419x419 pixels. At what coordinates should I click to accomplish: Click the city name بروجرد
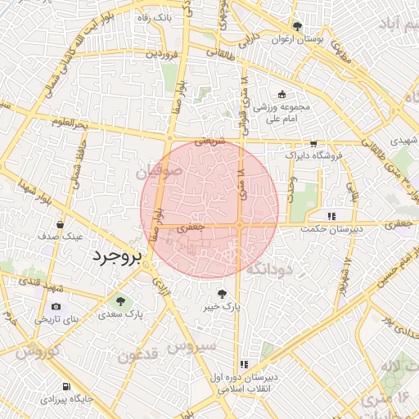[115, 258]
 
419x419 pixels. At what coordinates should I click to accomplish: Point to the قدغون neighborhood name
[137, 354]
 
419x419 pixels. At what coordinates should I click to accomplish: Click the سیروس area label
[191, 346]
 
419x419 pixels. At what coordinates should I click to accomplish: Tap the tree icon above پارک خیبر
[221, 294]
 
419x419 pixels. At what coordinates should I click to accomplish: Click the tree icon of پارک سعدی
[121, 300]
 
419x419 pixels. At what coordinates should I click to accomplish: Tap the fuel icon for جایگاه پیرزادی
[66, 386]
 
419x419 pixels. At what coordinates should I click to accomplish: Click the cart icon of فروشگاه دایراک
[313, 143]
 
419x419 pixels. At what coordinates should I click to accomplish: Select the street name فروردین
[162, 54]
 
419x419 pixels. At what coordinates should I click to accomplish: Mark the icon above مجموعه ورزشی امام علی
[282, 94]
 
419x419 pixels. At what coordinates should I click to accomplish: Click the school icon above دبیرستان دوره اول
[243, 364]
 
